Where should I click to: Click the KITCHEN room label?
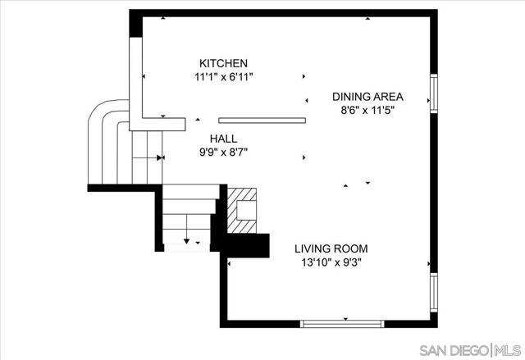tap(223, 63)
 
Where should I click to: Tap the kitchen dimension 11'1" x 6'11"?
tap(223, 77)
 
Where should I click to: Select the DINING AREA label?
tap(367, 97)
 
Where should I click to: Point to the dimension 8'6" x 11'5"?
tap(367, 110)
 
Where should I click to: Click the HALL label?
tap(223, 139)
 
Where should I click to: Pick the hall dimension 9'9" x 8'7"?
tap(223, 153)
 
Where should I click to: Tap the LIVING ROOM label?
tap(331, 249)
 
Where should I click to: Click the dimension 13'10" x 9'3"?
tap(331, 262)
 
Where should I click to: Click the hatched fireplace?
tap(242, 211)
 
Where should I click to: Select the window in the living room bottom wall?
tap(342, 324)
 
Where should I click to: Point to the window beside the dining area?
tap(434, 93)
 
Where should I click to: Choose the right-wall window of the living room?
tap(434, 293)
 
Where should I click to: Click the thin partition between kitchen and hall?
tap(262, 121)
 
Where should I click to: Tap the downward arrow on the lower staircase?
tap(186, 229)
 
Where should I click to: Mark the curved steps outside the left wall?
tap(108, 142)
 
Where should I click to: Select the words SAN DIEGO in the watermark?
tap(454, 351)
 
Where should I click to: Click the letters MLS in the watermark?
tap(508, 351)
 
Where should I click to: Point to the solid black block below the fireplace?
tap(248, 245)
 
